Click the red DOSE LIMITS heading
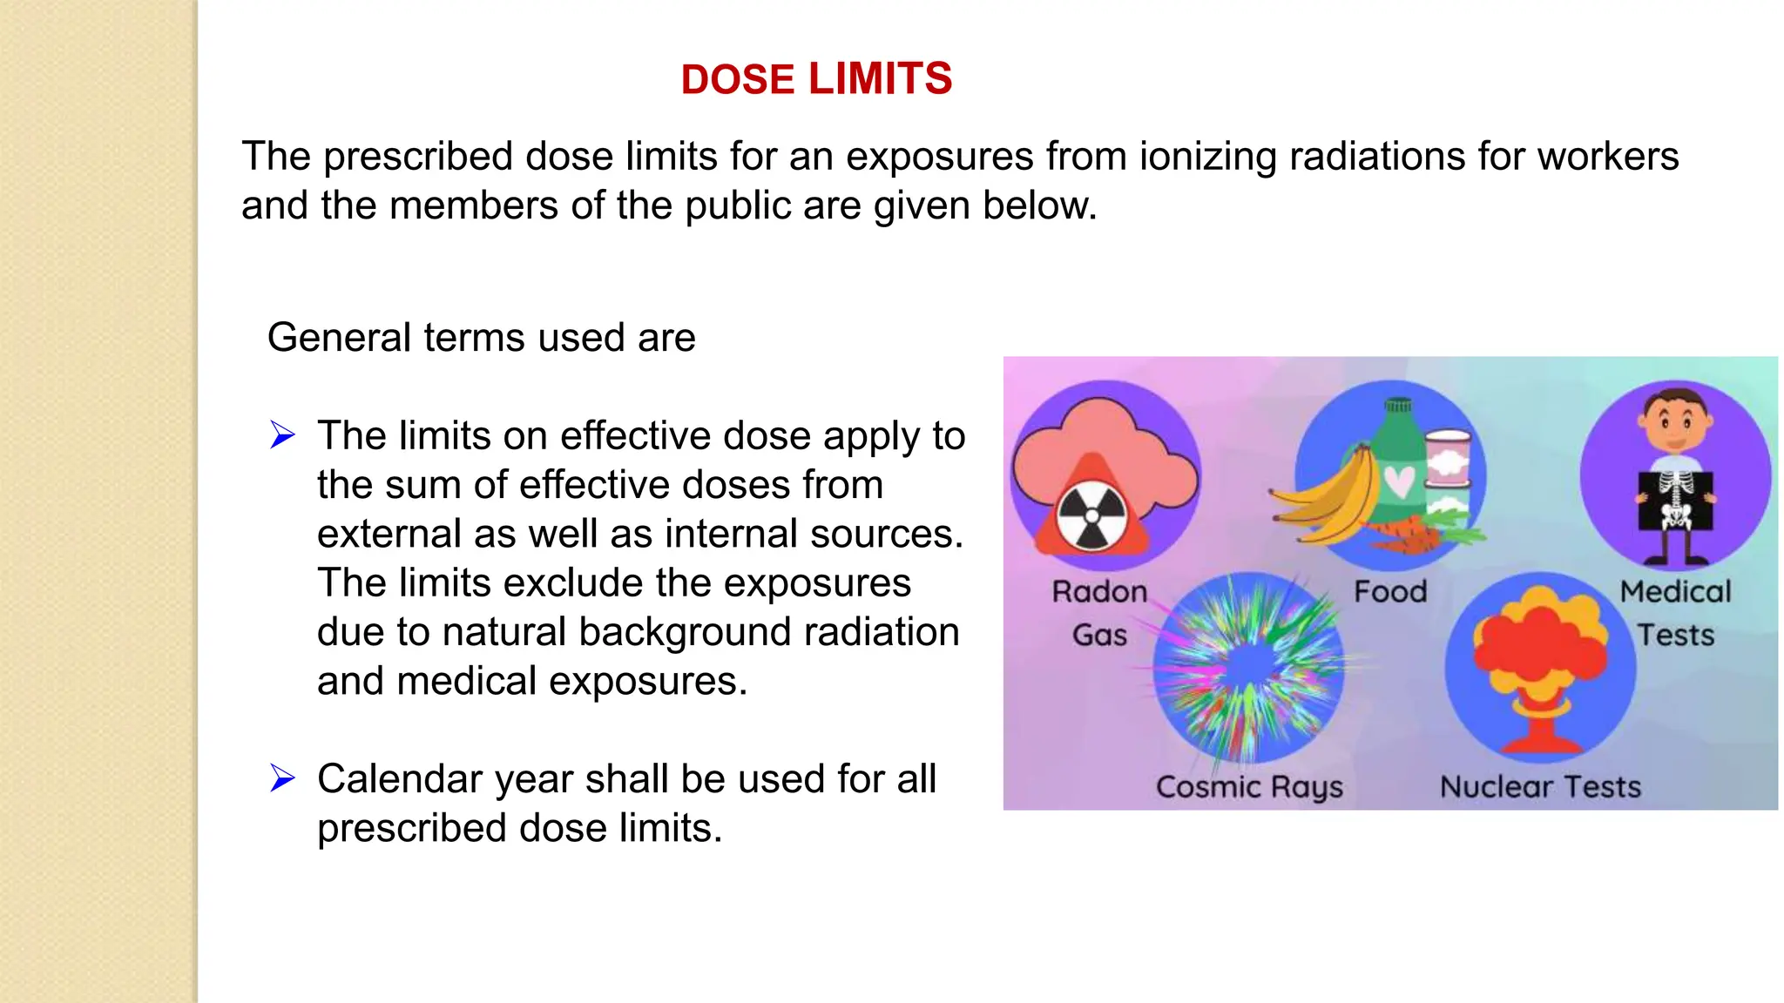coord(816,79)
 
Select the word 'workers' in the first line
coord(1607,157)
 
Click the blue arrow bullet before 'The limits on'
coord(282,434)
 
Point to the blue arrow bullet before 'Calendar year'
coord(282,777)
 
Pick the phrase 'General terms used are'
coord(481,338)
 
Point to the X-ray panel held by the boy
coord(1675,501)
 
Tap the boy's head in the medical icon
coord(1675,419)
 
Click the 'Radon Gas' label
coord(1099,613)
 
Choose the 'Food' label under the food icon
coord(1390,592)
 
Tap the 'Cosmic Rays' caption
coord(1249,787)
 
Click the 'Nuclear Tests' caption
coord(1540,787)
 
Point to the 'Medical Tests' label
coord(1675,613)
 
